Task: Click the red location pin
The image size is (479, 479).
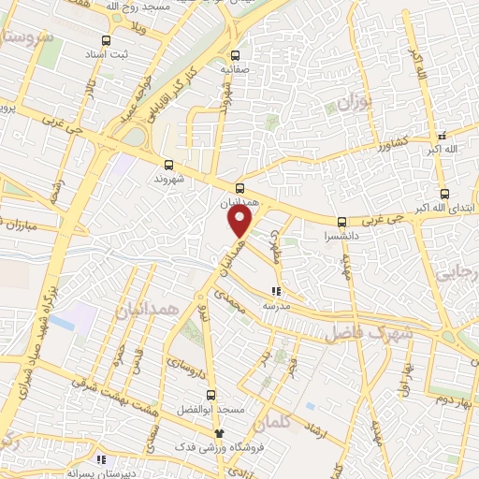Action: pos(240,222)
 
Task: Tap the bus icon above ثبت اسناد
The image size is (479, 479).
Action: pos(105,41)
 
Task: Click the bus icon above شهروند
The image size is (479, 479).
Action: pos(167,163)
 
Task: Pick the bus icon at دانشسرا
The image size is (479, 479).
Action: pos(341,222)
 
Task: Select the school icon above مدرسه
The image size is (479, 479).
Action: pos(275,292)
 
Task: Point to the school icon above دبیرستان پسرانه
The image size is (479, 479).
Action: pos(102,460)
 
